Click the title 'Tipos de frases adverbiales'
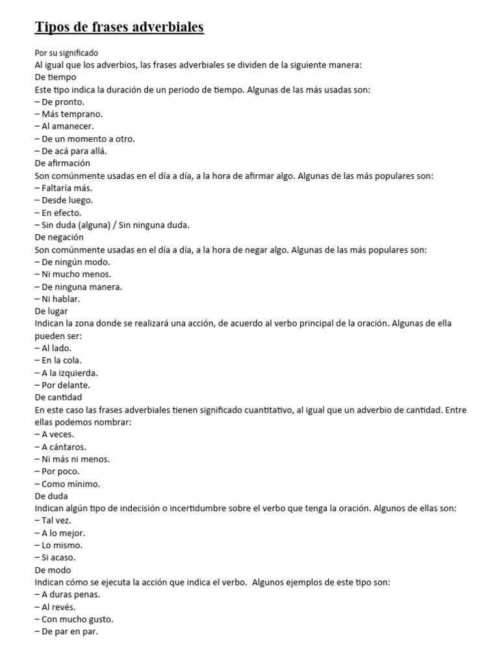pyautogui.click(x=119, y=27)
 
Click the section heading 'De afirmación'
pyautogui.click(x=62, y=163)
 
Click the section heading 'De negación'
pyautogui.click(x=60, y=237)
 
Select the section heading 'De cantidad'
pyautogui.click(x=58, y=397)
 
